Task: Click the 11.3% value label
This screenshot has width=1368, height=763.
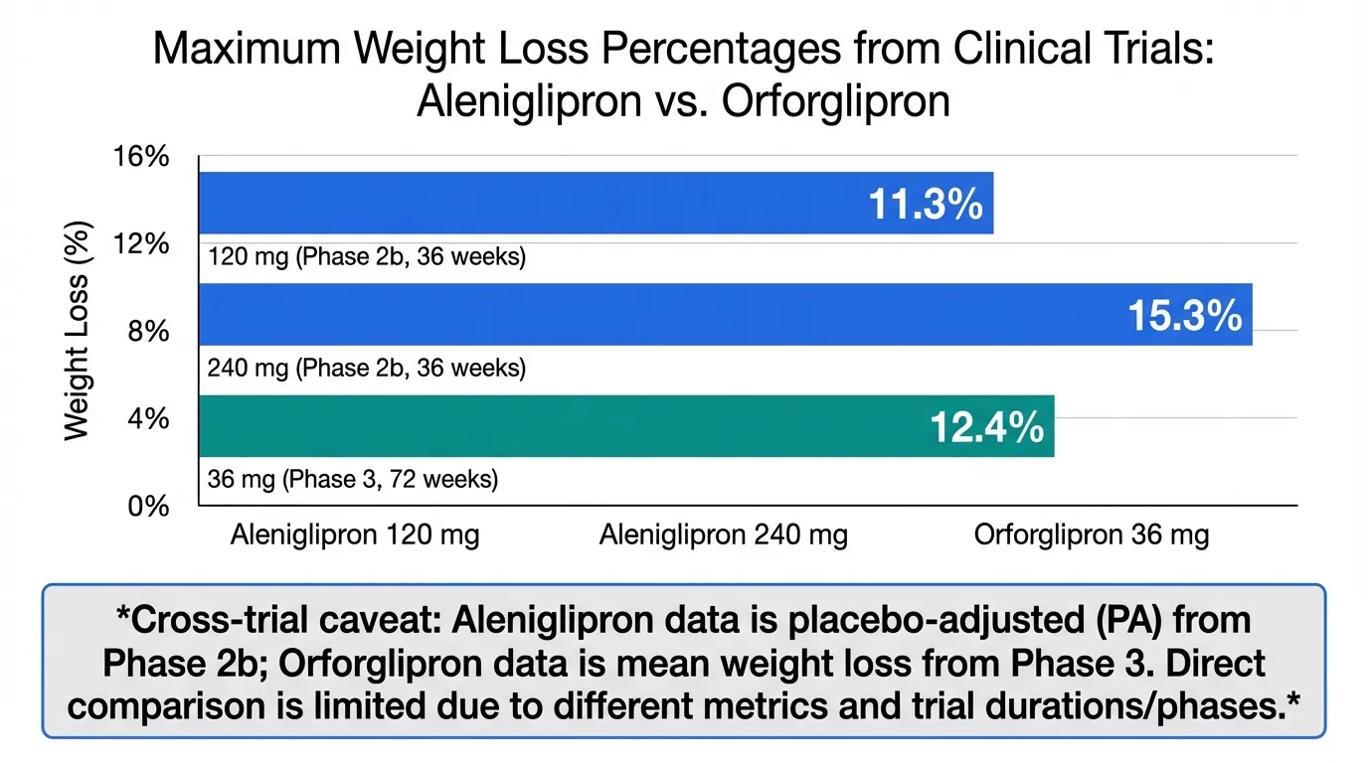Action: (926, 205)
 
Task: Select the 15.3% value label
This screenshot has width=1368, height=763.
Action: (1185, 316)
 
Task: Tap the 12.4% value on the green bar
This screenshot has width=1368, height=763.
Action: (986, 427)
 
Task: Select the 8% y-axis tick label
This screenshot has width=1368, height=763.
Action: (150, 331)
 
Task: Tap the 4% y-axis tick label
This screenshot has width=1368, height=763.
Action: (150, 418)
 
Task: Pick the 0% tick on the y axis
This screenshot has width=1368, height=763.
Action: (150, 506)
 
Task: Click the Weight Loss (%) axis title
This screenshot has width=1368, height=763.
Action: (78, 331)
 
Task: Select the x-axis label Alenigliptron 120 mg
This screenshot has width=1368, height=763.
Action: (355, 536)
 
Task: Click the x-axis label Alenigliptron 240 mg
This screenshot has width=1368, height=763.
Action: (724, 536)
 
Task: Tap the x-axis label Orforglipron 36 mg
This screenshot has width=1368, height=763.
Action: (1092, 536)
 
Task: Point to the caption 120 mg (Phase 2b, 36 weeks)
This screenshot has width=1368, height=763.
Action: (366, 258)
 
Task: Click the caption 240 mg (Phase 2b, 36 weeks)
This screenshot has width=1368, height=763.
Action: (366, 369)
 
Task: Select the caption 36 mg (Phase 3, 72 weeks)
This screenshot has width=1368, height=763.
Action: (353, 480)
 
